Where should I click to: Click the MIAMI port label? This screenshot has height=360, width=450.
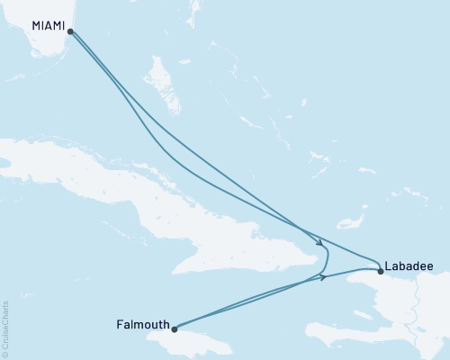(49, 26)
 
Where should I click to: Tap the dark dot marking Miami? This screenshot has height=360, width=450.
(71, 31)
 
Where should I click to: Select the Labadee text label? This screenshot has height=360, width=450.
(409, 266)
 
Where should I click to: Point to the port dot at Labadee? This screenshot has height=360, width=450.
(381, 271)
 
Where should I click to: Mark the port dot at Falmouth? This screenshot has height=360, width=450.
(175, 329)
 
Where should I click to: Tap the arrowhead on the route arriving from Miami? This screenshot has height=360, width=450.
(319, 241)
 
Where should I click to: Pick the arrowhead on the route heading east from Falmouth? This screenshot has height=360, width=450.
(322, 276)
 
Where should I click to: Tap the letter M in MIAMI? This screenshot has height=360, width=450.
(36, 26)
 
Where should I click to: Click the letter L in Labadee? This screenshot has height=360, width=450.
(388, 266)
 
